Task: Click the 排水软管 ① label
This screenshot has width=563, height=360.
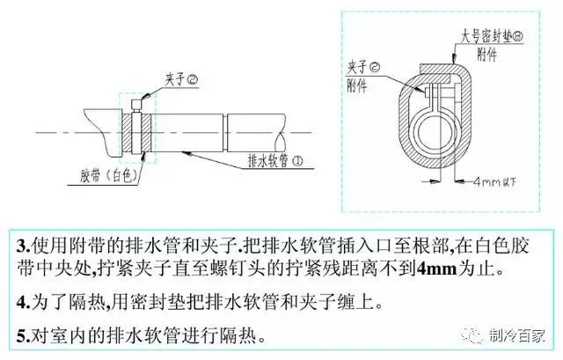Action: [x=275, y=160]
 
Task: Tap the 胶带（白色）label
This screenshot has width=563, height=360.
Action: [x=109, y=176]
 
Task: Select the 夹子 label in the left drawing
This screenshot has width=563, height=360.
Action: [x=181, y=79]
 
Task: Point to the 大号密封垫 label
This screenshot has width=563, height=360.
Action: [x=492, y=37]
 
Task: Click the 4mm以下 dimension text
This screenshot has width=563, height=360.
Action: [x=494, y=182]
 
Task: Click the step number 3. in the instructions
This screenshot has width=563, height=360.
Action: [x=24, y=246]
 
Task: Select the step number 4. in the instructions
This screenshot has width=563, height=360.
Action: [x=24, y=303]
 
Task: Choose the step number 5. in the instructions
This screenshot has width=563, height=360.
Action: [x=24, y=336]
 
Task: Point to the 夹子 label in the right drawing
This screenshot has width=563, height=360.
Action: [x=363, y=67]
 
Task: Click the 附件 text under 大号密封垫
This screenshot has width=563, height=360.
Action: [x=486, y=55]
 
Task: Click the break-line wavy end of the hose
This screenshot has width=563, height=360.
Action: [x=281, y=133]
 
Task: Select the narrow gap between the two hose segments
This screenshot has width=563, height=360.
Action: [x=225, y=133]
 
